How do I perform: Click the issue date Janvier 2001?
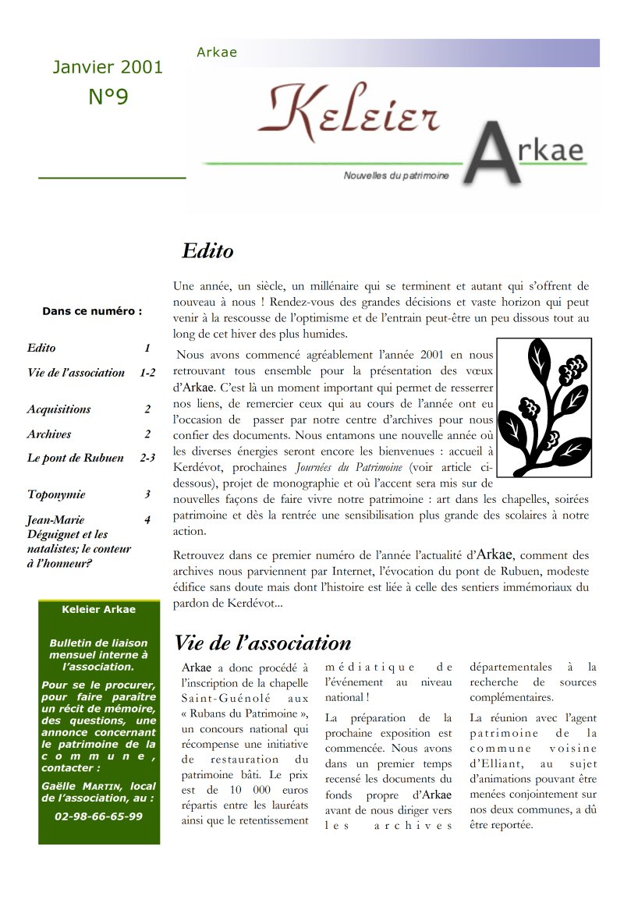pyautogui.click(x=108, y=67)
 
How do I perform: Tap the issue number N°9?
pyautogui.click(x=108, y=97)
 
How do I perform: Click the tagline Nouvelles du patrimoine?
pyautogui.click(x=396, y=176)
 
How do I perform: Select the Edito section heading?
pyautogui.click(x=207, y=251)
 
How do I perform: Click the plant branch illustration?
pyautogui.click(x=544, y=407)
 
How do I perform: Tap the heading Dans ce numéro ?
pyautogui.click(x=92, y=311)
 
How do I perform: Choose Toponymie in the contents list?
pyautogui.click(x=56, y=494)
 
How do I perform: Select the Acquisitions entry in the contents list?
pyautogui.click(x=58, y=409)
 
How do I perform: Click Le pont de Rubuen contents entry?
pyautogui.click(x=75, y=459)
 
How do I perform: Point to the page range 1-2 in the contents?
pyautogui.click(x=147, y=373)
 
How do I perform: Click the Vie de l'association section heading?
pyautogui.click(x=263, y=643)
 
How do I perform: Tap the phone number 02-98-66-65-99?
pyautogui.click(x=99, y=816)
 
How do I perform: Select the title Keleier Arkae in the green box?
pyautogui.click(x=99, y=610)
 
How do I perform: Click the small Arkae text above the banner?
pyautogui.click(x=217, y=53)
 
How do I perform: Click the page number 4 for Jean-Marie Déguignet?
pyautogui.click(x=147, y=519)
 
